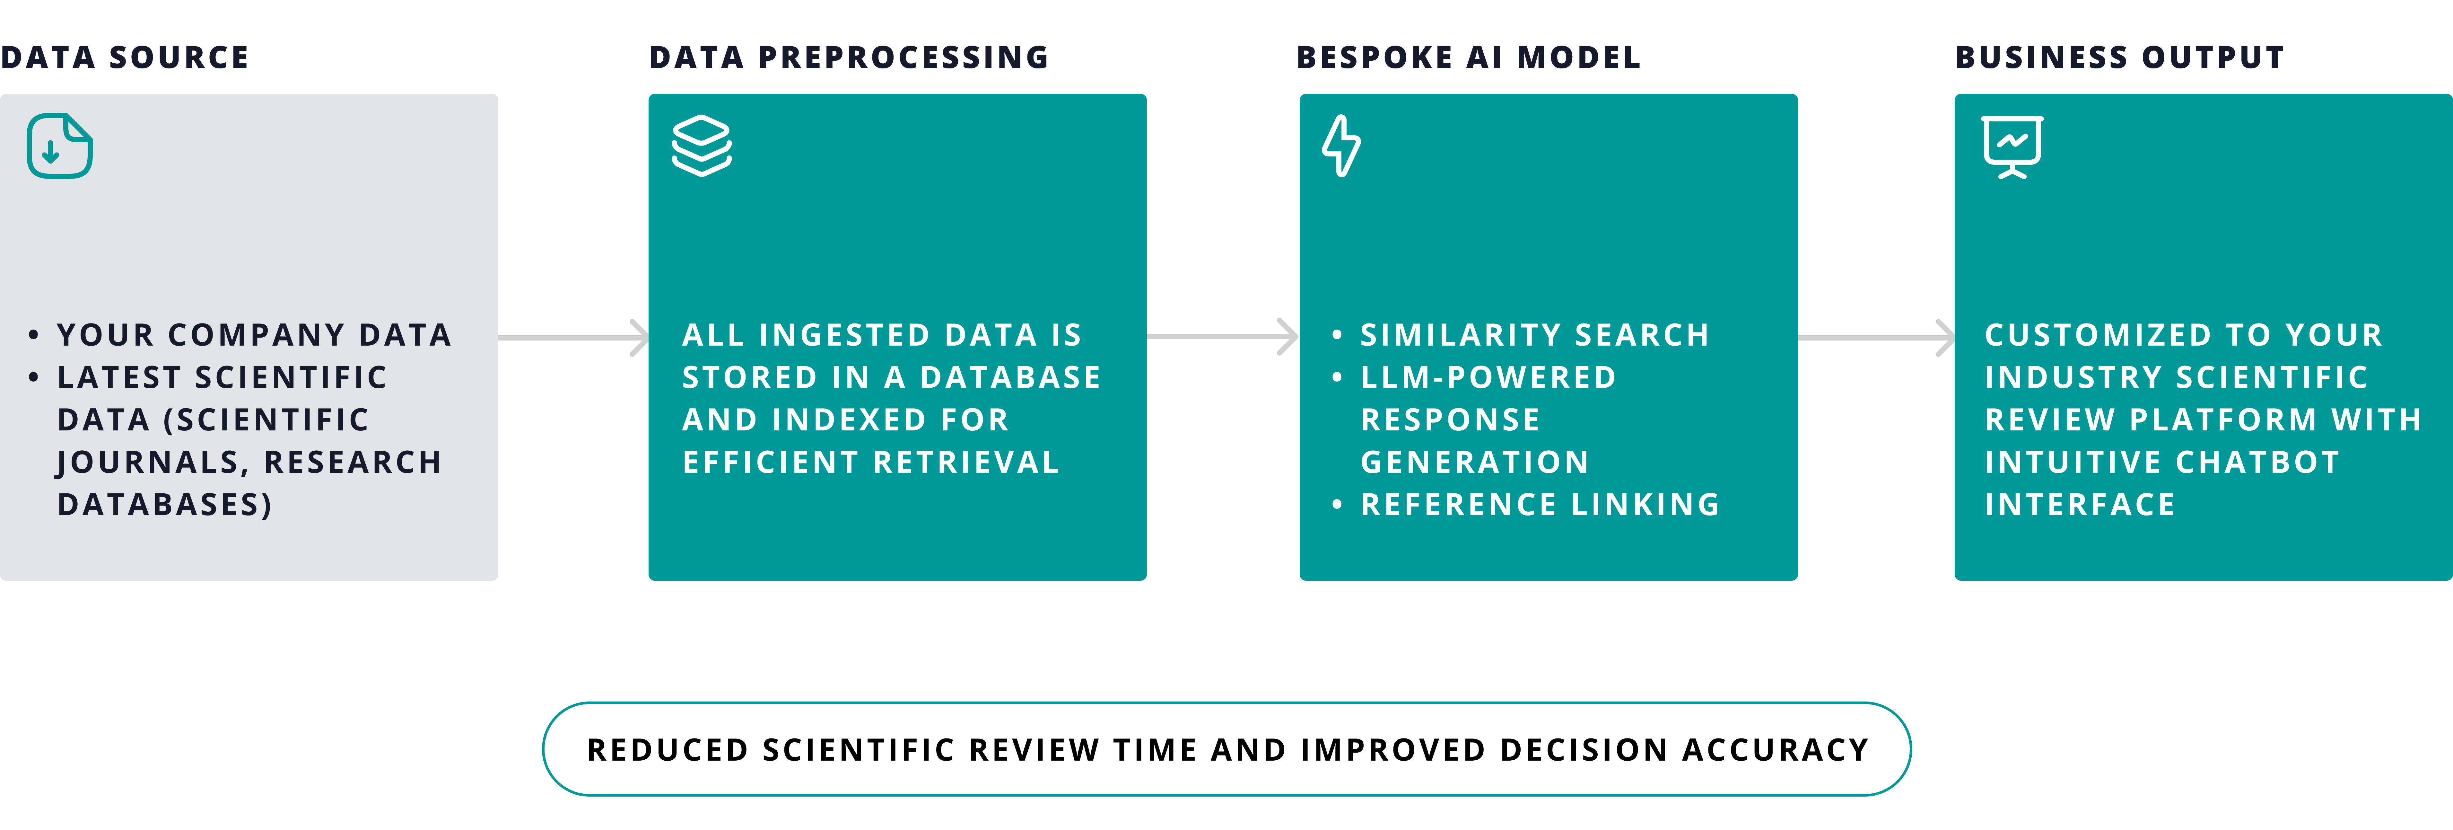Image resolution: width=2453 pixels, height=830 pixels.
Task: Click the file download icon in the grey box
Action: (59, 146)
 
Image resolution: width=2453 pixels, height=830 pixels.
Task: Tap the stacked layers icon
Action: (702, 146)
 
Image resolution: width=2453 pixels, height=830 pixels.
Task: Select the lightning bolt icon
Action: (1341, 146)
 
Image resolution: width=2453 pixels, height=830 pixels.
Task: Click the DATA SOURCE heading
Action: (125, 57)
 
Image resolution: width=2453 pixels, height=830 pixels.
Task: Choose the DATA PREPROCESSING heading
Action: (849, 57)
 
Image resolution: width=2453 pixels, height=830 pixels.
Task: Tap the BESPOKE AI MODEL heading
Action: (1468, 57)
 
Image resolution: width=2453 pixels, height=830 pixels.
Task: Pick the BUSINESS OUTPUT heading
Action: (2120, 57)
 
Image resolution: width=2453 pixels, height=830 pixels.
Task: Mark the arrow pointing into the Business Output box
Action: (1876, 337)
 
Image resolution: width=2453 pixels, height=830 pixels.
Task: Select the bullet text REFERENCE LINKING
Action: (1540, 504)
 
